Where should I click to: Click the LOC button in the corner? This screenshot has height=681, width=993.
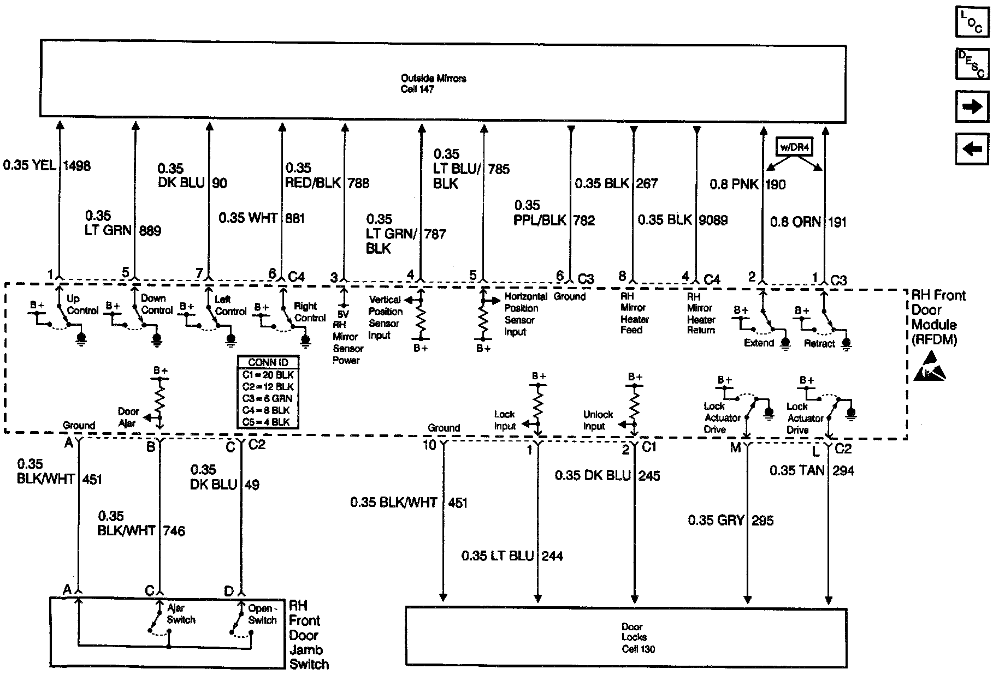tap(972, 22)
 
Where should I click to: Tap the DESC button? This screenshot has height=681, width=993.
tap(972, 64)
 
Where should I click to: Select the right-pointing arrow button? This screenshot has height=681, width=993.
tap(972, 106)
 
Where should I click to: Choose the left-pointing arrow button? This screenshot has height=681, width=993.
tap(972, 148)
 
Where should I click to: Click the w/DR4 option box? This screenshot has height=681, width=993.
tap(795, 147)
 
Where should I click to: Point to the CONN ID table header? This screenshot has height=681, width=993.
tap(268, 363)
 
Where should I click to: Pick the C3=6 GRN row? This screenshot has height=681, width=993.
tap(268, 398)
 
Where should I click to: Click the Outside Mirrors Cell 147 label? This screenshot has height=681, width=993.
tap(433, 83)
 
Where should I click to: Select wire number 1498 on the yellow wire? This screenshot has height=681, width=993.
tap(77, 165)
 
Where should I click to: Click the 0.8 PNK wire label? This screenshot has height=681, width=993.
tap(734, 184)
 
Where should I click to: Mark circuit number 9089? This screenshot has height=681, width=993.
tap(713, 220)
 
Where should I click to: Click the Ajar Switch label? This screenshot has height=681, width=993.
tap(180, 614)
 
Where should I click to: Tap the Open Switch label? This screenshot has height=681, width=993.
tap(262, 614)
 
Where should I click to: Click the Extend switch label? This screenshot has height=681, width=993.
tap(759, 343)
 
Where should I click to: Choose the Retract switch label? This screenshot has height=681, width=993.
tap(819, 343)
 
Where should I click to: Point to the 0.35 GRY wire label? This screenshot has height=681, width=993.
tap(716, 520)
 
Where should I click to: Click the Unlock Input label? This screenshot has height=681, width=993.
tap(598, 420)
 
